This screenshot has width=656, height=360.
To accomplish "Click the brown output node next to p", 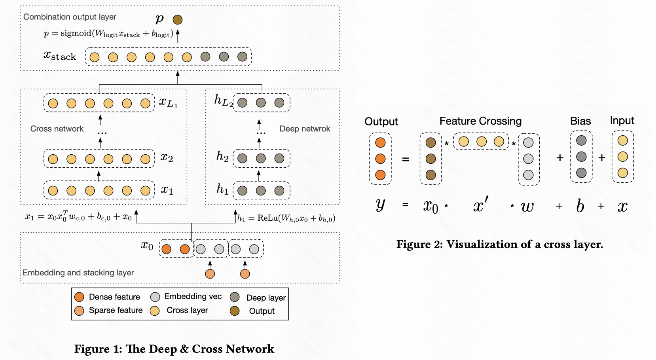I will (178, 19).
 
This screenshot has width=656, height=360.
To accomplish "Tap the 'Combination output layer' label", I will (70, 17).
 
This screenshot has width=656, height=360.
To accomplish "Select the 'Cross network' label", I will (57, 129).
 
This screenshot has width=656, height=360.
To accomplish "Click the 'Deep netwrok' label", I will (305, 129).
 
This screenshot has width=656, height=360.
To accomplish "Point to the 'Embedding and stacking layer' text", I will (78, 273).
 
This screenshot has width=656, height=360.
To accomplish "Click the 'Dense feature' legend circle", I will (79, 297).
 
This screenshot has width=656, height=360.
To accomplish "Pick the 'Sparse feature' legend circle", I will (79, 311).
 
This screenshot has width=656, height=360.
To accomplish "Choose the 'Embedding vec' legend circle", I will (155, 297).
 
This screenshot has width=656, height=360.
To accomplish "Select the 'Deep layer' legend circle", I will (235, 297).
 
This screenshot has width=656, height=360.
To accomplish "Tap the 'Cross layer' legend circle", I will (155, 311).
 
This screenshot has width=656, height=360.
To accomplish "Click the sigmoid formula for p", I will (108, 34).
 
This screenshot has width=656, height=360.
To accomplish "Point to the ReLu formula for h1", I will (286, 218).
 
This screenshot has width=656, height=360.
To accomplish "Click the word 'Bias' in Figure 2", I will (580, 121).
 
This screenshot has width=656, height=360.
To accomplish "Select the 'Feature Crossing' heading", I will (480, 121).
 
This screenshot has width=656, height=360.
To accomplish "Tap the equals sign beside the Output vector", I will (406, 159).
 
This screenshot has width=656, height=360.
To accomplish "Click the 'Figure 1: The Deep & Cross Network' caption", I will (174, 349).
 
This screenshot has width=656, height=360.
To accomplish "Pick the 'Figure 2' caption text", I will (500, 244).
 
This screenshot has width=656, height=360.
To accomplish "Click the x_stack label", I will (60, 56).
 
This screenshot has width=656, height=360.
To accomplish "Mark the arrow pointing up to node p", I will (178, 36).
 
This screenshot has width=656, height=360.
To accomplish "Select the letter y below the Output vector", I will (380, 205).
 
